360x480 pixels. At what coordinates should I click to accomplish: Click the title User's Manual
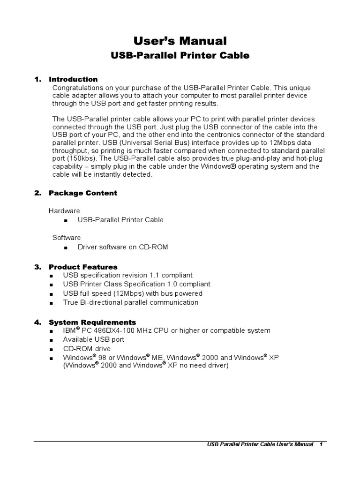(x=180, y=41)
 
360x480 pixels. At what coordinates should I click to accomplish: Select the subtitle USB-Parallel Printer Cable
(x=180, y=56)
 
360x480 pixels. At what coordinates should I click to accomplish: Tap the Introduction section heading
(x=73, y=79)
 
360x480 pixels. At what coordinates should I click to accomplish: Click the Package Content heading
(x=83, y=193)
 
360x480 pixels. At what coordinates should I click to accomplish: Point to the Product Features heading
(x=83, y=267)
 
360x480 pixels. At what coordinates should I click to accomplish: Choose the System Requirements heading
(x=92, y=322)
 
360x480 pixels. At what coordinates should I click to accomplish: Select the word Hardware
(x=64, y=211)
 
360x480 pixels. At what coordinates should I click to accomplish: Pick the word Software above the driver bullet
(x=66, y=238)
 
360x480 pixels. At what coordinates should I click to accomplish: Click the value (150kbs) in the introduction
(x=75, y=158)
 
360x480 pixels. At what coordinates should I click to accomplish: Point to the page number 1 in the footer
(x=321, y=444)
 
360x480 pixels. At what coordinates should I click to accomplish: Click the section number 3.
(x=37, y=267)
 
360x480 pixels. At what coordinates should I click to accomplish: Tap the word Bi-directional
(x=102, y=302)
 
